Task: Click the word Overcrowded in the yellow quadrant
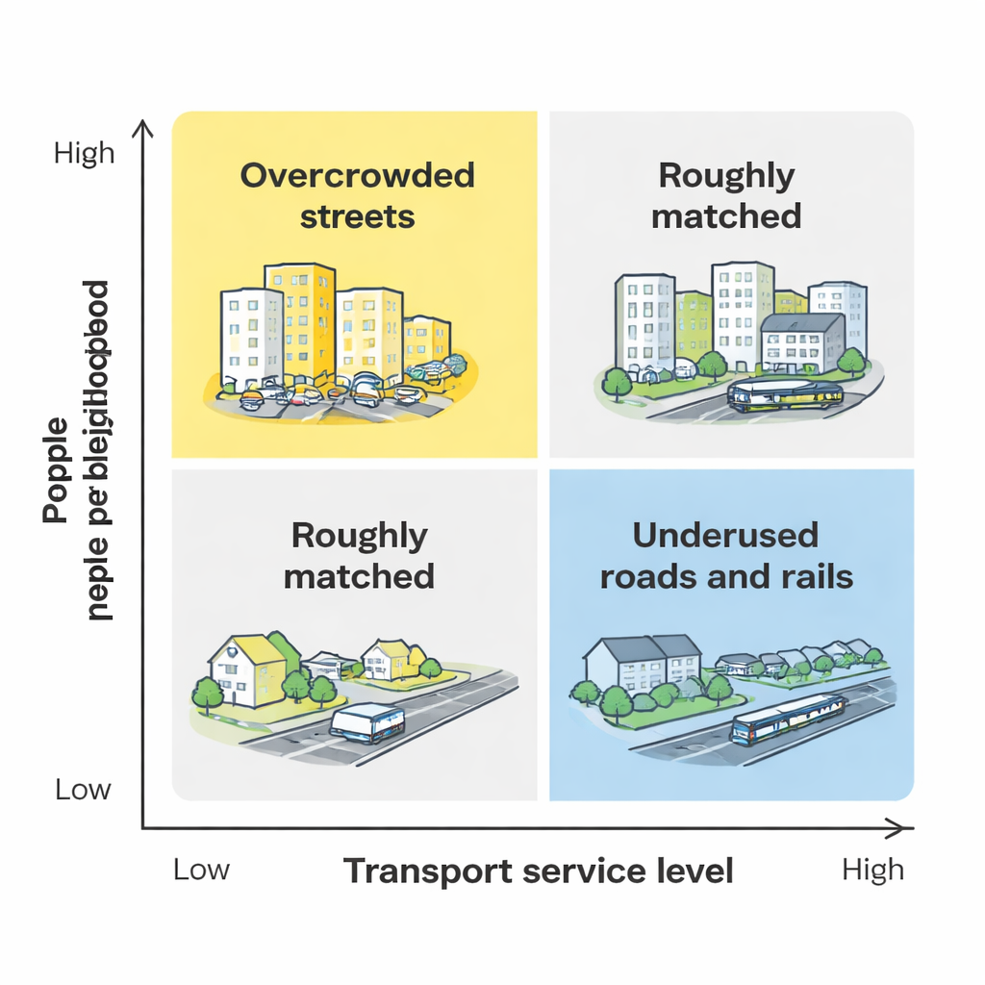point(357,176)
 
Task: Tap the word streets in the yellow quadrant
point(357,216)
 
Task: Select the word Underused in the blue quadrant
point(726,535)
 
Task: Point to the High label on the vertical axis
point(85,154)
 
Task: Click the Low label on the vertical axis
point(83,791)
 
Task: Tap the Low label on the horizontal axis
point(201,870)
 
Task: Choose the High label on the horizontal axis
point(872,870)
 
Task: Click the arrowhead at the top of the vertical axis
point(143,128)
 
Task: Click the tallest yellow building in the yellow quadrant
point(300,322)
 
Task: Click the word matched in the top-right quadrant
point(726,216)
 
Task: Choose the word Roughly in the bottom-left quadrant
point(359,535)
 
